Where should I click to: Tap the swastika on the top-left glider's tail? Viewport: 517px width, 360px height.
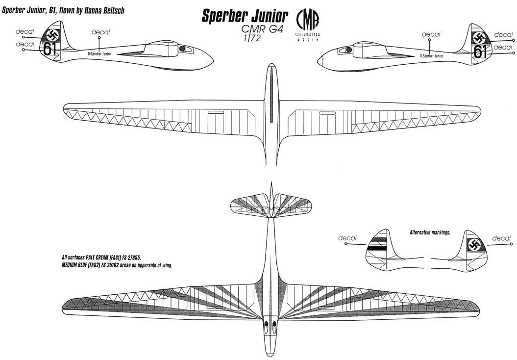[x=51, y=34]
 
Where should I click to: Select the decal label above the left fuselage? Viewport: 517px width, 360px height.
[x=100, y=32]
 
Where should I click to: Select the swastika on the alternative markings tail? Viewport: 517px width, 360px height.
[x=474, y=245]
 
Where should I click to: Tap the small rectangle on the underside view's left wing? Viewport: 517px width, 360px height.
[x=215, y=113]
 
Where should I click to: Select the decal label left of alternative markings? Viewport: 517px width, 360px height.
[x=347, y=238]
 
